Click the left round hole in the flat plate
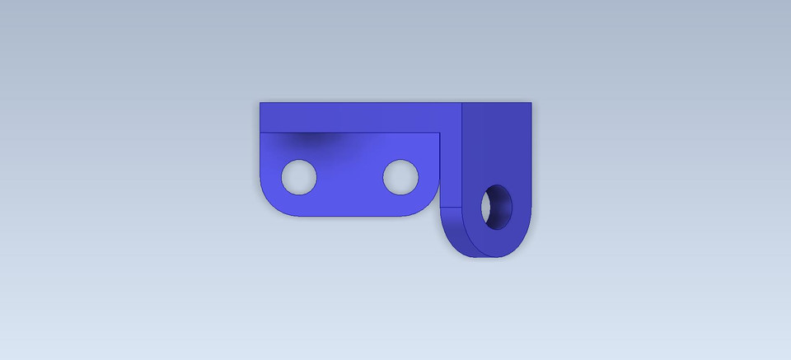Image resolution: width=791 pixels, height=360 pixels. (x=299, y=177)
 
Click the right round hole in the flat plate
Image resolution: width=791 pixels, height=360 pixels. (x=400, y=177)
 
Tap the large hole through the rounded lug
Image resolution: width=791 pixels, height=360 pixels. (x=498, y=208)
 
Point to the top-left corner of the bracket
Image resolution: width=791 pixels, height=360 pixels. (x=260, y=103)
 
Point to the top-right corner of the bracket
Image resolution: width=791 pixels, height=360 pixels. (x=531, y=103)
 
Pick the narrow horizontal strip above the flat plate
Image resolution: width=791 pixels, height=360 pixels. (x=354, y=117)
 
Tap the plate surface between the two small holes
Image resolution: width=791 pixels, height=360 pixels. (x=350, y=177)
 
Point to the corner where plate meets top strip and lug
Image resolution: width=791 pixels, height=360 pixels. (x=441, y=132)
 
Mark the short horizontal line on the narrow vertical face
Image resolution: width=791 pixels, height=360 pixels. (x=451, y=206)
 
